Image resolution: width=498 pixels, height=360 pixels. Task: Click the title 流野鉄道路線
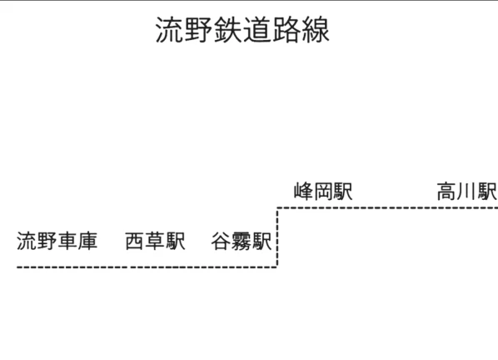tap(242, 29)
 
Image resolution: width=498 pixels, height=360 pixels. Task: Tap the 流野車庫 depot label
tap(57, 241)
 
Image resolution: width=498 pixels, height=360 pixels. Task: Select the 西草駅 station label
tap(155, 241)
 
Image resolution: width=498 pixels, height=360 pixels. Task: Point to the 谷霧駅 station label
tap(242, 241)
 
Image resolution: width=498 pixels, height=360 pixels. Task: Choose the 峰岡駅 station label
tap(323, 192)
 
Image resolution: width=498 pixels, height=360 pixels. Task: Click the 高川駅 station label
tap(467, 192)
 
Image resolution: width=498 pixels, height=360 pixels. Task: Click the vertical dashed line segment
tap(277, 237)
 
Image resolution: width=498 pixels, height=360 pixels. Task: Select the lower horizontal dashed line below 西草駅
tap(147, 267)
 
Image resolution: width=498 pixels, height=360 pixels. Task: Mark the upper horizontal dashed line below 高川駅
tap(387, 208)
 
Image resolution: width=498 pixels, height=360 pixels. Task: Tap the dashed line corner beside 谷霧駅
tap(277, 267)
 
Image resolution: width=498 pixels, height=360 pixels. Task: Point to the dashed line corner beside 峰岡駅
tap(277, 208)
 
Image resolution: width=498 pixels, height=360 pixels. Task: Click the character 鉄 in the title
tap(227, 29)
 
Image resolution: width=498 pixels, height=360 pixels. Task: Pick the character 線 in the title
tap(316, 29)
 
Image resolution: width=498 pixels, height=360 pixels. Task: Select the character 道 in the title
tap(257, 29)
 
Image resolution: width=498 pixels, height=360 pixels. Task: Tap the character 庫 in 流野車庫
tap(87, 241)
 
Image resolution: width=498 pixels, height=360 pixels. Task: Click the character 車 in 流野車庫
tap(67, 241)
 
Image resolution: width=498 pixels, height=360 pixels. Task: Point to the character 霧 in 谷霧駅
tap(242, 241)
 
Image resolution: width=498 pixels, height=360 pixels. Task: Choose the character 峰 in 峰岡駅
tap(304, 192)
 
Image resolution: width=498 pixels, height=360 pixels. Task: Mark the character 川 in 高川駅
tap(467, 192)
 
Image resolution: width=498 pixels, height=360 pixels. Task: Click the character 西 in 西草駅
tap(135, 241)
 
